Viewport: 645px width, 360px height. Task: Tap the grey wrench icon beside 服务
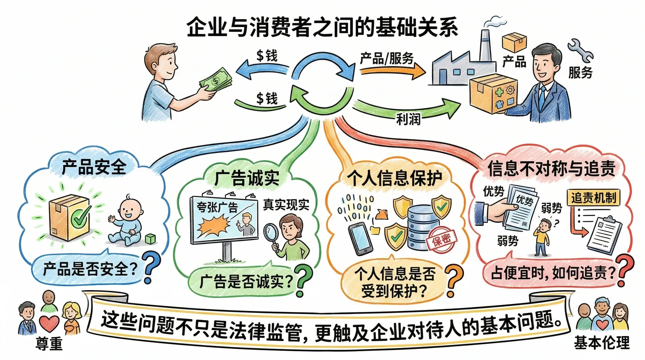point(580,50)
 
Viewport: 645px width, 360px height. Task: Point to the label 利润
point(408,119)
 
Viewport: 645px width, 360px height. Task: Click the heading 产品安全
point(94,167)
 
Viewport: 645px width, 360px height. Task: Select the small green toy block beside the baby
point(150,239)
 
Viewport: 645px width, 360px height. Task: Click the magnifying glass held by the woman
point(271,233)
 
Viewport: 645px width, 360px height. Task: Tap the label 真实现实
point(286,205)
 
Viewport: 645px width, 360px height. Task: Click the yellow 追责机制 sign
point(593,197)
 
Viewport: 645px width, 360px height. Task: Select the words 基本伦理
point(602,343)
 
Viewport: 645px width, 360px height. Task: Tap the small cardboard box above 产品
point(514,42)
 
